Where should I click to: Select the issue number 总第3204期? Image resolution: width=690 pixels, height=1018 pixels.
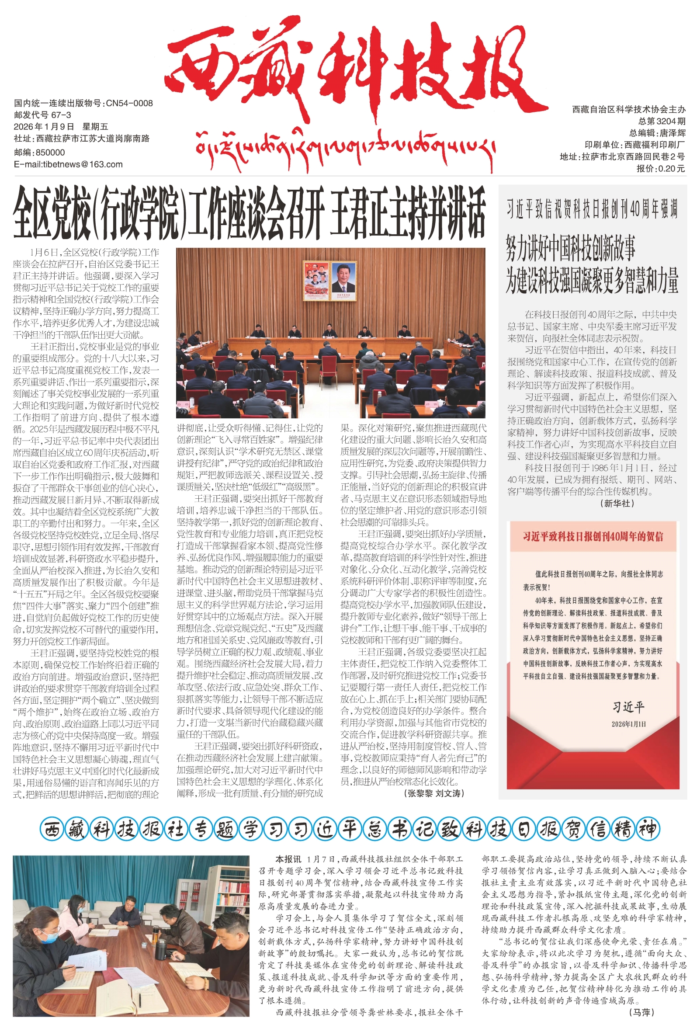(x=662, y=122)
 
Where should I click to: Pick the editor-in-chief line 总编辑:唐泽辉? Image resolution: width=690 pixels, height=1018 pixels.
(x=657, y=133)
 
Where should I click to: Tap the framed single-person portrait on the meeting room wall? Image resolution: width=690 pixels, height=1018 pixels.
(x=343, y=280)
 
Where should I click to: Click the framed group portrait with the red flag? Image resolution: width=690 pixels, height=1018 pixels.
(x=316, y=280)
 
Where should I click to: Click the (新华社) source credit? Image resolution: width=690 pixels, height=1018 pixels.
(x=617, y=503)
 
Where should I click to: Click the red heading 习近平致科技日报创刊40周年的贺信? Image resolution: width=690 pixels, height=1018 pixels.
(x=593, y=537)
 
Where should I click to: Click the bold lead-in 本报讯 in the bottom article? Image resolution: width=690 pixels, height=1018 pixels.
(x=288, y=859)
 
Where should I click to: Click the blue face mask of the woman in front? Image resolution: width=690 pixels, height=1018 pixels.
(x=49, y=938)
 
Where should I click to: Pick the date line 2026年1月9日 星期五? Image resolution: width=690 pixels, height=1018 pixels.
(x=61, y=127)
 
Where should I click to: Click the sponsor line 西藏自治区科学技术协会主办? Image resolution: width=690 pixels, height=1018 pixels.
(x=629, y=110)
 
